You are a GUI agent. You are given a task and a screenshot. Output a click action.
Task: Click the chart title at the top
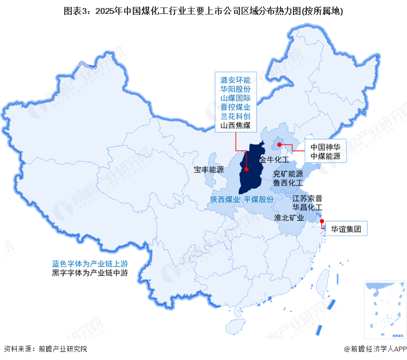(x=204, y=10)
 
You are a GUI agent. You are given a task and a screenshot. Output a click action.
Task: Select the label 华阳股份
(x=236, y=89)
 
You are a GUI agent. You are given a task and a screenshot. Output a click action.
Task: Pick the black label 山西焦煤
(x=236, y=126)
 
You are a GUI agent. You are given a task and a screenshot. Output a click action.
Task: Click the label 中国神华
(x=325, y=146)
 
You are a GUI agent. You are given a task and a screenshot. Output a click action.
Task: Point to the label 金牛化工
(x=274, y=160)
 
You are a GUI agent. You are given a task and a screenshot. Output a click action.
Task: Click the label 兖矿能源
(x=288, y=174)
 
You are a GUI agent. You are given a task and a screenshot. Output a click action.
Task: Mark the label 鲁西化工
(x=288, y=183)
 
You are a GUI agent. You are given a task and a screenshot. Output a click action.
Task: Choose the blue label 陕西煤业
(x=224, y=199)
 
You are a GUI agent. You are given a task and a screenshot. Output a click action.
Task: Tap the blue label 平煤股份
(x=259, y=199)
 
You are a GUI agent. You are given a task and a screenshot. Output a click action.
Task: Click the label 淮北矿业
(x=289, y=217)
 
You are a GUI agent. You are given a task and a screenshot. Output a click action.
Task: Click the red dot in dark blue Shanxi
(x=246, y=169)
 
